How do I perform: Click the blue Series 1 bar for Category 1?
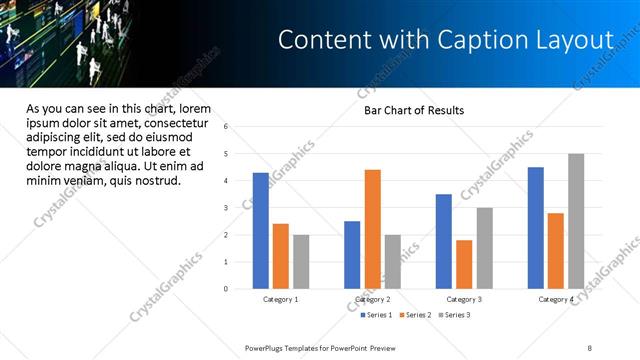pos(261,231)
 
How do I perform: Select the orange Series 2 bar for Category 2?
pos(372,229)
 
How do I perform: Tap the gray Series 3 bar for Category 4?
pos(576,221)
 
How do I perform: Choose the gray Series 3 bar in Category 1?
pos(301,262)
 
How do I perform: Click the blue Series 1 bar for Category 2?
pos(352,255)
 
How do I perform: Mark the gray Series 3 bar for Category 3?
pos(484,248)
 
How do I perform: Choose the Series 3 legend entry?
pos(453,315)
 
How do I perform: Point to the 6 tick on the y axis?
pos(226,127)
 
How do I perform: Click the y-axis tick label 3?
pos(226,208)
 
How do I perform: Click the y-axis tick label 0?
pos(226,289)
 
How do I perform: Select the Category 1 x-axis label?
pos(281,300)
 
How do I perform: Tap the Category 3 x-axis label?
pos(464,300)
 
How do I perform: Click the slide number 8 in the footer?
pos(589,347)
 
